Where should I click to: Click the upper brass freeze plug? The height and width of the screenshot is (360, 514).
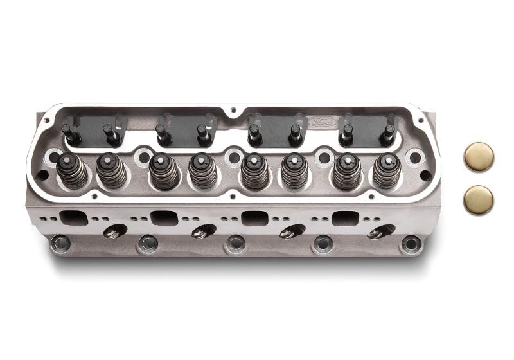point(479,157)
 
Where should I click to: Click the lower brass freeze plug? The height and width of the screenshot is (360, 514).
point(479,200)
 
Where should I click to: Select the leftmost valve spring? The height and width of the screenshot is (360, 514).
point(71,170)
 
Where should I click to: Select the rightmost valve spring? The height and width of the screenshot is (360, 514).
point(386,170)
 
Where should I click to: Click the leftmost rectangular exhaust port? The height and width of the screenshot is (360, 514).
point(73,217)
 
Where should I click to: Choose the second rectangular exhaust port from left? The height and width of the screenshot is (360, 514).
point(164,217)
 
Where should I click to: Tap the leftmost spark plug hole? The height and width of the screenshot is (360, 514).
point(116,231)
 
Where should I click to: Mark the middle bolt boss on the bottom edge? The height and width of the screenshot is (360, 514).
point(235,244)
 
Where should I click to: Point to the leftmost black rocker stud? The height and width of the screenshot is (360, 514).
point(68,134)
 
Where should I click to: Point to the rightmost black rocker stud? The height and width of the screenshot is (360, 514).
point(388,134)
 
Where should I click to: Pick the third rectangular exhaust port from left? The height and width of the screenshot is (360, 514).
point(255,217)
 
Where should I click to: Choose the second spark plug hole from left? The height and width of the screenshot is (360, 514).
point(205,231)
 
